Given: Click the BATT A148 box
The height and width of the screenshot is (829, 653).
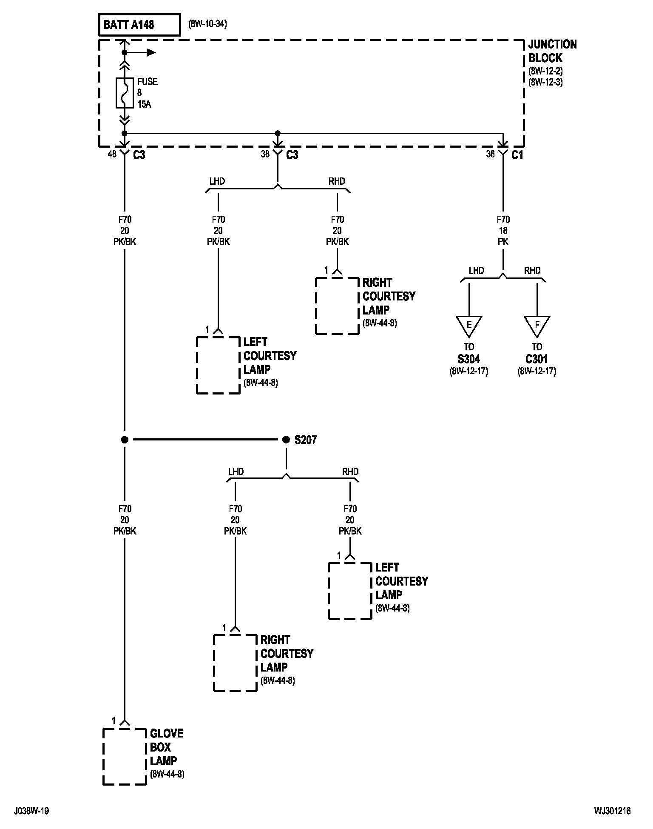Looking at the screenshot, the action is pyautogui.click(x=139, y=25).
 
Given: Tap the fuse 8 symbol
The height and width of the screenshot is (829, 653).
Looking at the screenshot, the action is pyautogui.click(x=125, y=93).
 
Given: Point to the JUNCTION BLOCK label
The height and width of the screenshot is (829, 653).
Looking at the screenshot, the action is pyautogui.click(x=552, y=51).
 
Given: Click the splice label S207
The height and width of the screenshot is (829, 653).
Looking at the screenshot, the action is pyautogui.click(x=306, y=440).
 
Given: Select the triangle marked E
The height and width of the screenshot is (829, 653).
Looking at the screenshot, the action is pyautogui.click(x=469, y=326).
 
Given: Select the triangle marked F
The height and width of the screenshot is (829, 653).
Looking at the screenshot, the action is pyautogui.click(x=537, y=326).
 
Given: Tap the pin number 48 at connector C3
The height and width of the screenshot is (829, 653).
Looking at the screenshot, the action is pyautogui.click(x=112, y=154).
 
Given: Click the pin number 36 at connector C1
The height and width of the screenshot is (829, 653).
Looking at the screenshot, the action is pyautogui.click(x=490, y=154).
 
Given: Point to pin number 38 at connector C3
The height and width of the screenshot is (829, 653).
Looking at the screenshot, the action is pyautogui.click(x=265, y=154).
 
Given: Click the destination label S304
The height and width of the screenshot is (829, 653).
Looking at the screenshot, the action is pyautogui.click(x=469, y=359).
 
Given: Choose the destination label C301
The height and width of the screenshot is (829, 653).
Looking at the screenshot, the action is pyautogui.click(x=537, y=359).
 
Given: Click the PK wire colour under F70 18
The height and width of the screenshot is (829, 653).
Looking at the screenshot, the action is pyautogui.click(x=503, y=242).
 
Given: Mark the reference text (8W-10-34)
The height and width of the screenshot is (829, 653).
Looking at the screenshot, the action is pyautogui.click(x=207, y=24).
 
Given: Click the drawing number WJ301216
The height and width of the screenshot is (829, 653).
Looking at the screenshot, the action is pyautogui.click(x=613, y=811).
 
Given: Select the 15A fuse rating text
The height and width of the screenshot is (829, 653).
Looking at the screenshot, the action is pyautogui.click(x=144, y=104).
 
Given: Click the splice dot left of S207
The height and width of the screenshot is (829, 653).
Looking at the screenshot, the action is pyautogui.click(x=125, y=440).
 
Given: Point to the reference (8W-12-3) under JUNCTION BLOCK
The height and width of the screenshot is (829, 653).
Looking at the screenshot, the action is pyautogui.click(x=545, y=82).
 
